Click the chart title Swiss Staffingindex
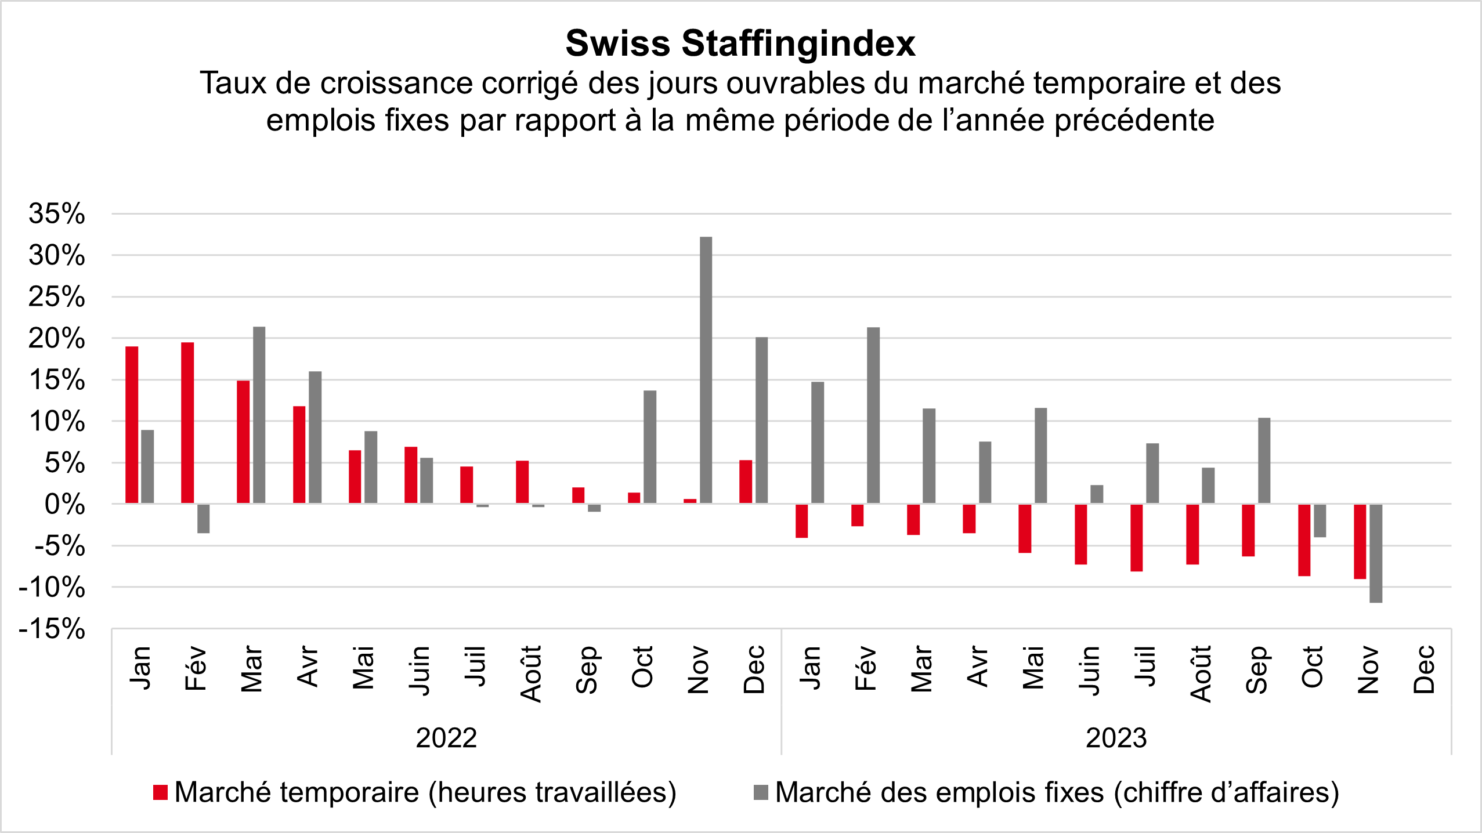[740, 44]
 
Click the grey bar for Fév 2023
[873, 415]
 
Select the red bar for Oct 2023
[1304, 539]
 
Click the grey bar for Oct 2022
[650, 447]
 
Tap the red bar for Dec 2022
[746, 481]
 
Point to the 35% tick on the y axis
[57, 214]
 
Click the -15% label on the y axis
[52, 629]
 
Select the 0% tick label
[64, 505]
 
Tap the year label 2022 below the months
[446, 738]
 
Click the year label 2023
[1116, 738]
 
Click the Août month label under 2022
[531, 673]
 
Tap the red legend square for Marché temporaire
[160, 792]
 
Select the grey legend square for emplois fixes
[761, 792]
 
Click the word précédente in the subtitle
[1134, 121]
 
